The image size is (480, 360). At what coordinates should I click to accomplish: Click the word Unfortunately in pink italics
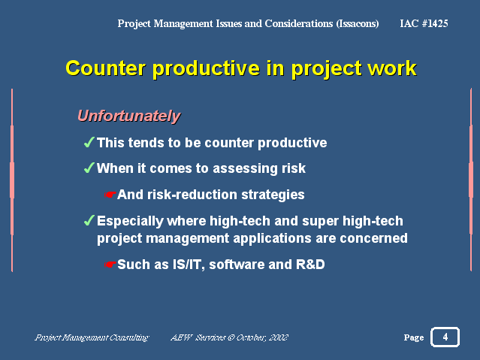pyautogui.click(x=129, y=116)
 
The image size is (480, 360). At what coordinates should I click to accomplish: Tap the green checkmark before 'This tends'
pyautogui.click(x=89, y=142)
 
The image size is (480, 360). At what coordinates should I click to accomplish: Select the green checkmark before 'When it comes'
pyautogui.click(x=89, y=168)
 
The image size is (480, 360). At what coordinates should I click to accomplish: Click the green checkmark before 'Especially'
pyautogui.click(x=89, y=220)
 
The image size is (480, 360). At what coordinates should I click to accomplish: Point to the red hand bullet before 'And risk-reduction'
pyautogui.click(x=110, y=195)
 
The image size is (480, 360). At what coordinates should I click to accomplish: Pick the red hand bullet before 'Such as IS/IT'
pyautogui.click(x=110, y=264)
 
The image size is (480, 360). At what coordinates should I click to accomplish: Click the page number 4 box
pyautogui.click(x=445, y=337)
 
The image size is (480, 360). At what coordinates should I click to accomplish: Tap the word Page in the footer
pyautogui.click(x=414, y=337)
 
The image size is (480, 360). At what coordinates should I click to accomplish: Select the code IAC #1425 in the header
pyautogui.click(x=424, y=23)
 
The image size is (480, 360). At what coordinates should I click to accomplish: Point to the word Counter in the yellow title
pyautogui.click(x=106, y=68)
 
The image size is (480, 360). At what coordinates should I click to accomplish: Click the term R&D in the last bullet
pyautogui.click(x=310, y=265)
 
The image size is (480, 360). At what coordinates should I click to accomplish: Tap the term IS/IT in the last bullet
pyautogui.click(x=189, y=265)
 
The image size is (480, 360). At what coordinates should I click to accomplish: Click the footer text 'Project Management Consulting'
pyautogui.click(x=92, y=337)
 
